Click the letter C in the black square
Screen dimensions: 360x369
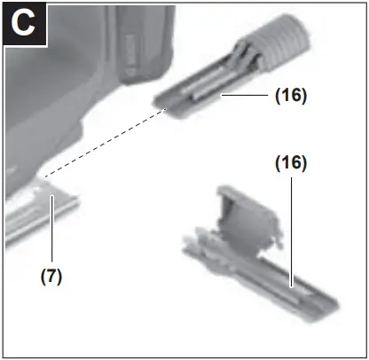pos(25,24)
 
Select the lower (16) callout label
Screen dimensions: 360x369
pos(289,163)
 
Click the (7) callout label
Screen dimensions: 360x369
pos(52,275)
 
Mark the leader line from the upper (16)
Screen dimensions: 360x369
pos(245,94)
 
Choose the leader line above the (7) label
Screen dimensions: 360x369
pos(51,231)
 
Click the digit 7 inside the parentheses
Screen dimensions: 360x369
pos(52,275)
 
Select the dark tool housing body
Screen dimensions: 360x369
pos(71,89)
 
